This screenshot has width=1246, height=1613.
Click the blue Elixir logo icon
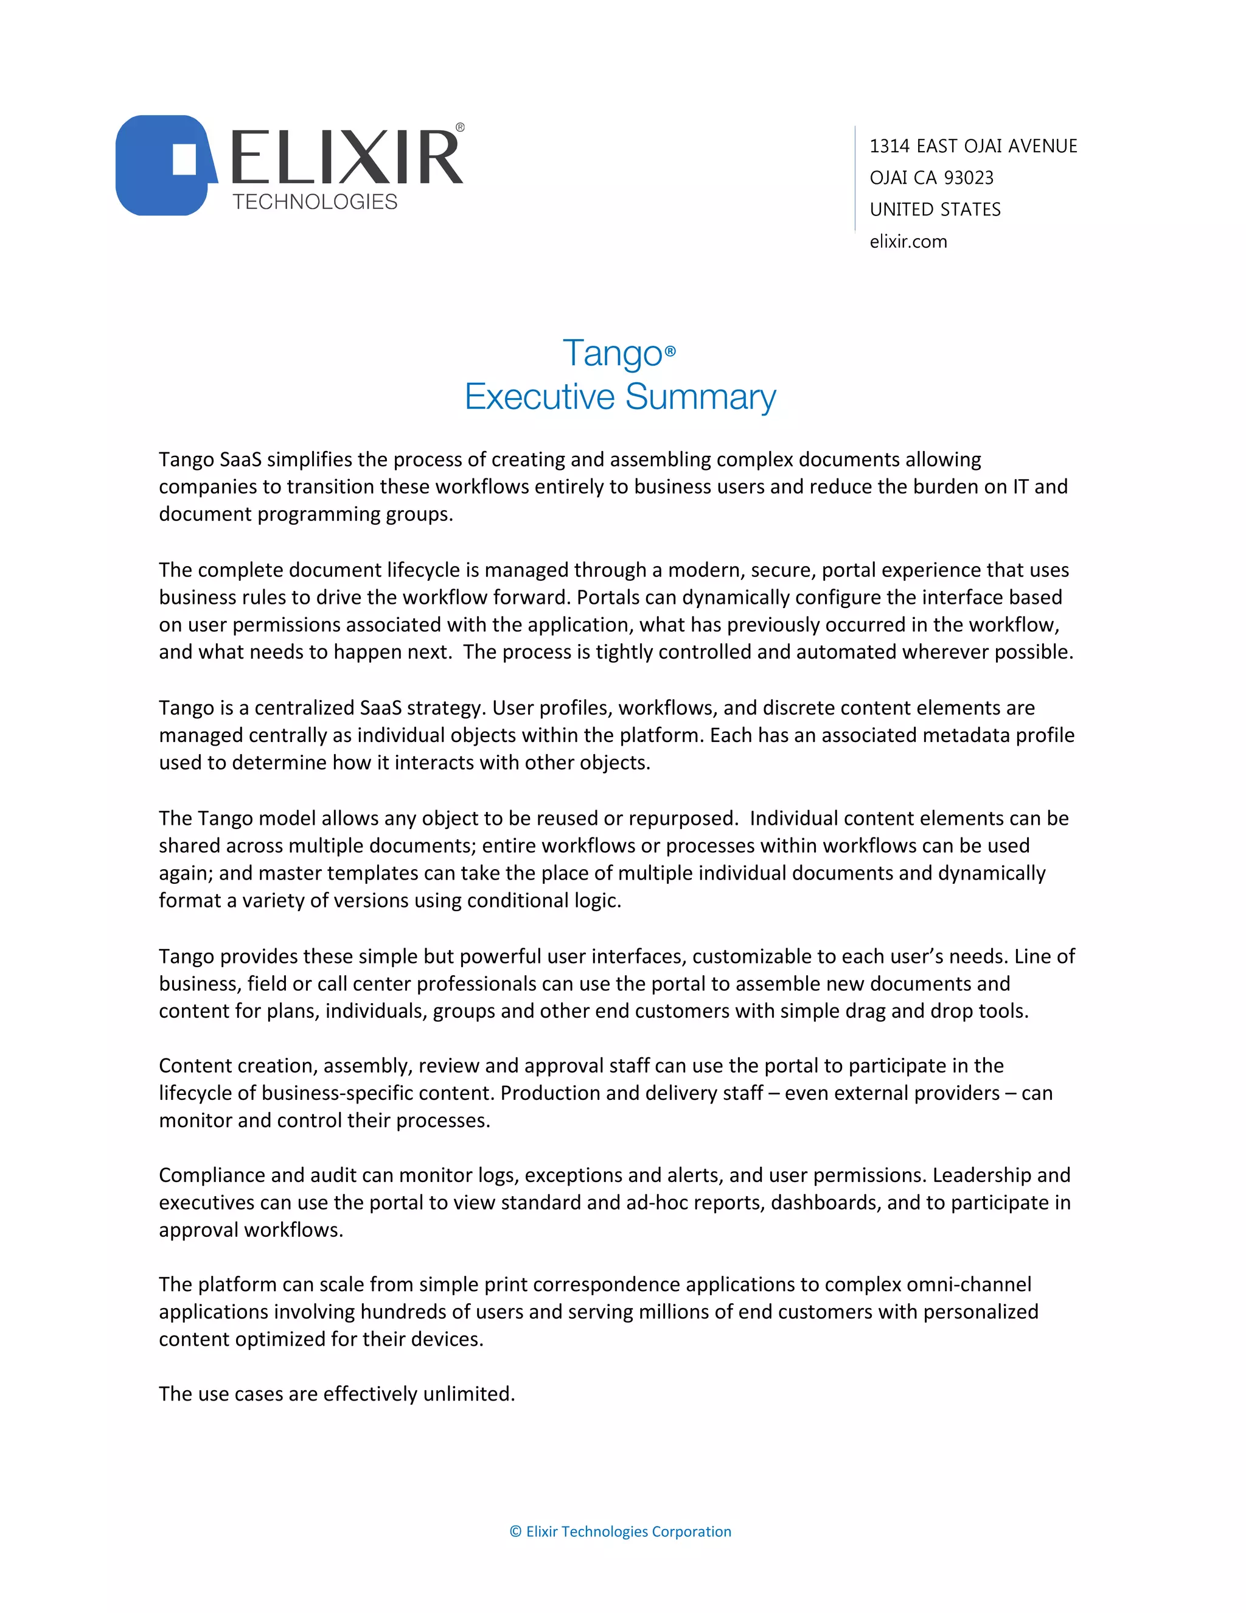164,166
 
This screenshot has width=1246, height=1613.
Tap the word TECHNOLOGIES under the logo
315,201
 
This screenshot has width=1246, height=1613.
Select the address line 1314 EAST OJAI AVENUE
973,146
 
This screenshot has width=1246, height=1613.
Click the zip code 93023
969,178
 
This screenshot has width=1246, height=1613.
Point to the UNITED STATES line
934,210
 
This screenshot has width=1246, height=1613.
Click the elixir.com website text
908,242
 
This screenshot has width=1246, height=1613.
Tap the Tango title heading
613,353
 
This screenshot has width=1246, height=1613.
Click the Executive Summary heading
620,397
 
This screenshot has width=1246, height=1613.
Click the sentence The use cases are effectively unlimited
336,1394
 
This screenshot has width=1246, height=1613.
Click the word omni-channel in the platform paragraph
969,1284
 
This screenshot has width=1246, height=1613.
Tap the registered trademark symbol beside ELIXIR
460,128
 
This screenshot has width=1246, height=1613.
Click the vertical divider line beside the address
855,178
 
